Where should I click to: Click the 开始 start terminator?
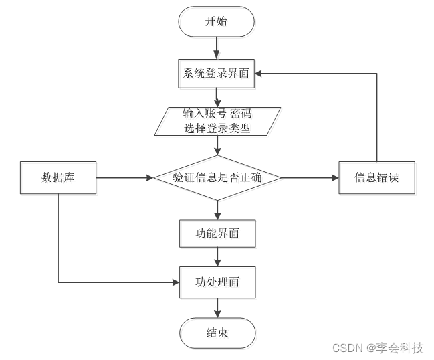[x=216, y=21]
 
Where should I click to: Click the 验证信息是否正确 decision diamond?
[x=217, y=178]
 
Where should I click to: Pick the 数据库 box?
[x=58, y=178]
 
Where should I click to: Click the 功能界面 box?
[x=217, y=234]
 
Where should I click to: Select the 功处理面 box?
[x=217, y=282]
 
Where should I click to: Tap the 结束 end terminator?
[x=217, y=332]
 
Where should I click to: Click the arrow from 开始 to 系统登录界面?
[x=216, y=48]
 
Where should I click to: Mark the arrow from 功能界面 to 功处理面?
[x=217, y=257]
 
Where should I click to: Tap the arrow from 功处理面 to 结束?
[x=217, y=307]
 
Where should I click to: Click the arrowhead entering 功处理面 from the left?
[x=175, y=282]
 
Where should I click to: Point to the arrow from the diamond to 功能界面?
[x=217, y=210]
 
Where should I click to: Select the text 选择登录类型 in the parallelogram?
[x=217, y=128]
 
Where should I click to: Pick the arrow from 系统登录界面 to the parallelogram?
[x=217, y=96]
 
